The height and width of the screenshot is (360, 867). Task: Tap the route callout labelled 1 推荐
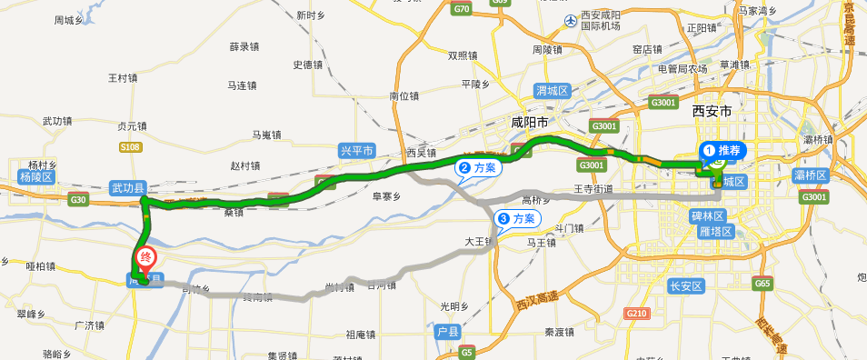724,150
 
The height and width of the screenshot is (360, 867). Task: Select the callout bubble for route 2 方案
478,168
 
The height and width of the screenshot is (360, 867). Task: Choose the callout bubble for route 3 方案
516,219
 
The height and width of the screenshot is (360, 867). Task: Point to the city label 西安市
712,110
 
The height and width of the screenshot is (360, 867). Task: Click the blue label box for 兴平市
356,152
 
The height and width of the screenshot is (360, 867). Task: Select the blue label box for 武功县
127,187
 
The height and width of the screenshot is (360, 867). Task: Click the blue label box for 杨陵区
37,176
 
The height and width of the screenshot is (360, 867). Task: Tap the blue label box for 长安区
686,286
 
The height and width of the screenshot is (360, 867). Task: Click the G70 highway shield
463,9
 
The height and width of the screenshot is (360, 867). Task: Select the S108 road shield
130,145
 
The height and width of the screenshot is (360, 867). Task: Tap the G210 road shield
636,314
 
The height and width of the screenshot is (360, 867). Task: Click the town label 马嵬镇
267,135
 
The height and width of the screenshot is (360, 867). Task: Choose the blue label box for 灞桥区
810,175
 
